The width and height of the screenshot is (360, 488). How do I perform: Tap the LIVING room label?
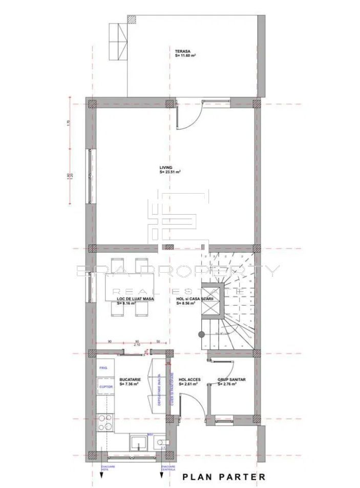[166, 167]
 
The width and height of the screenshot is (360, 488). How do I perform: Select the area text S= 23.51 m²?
[170, 172]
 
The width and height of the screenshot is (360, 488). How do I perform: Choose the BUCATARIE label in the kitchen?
[129, 379]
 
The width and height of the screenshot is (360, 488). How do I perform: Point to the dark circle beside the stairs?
[202, 334]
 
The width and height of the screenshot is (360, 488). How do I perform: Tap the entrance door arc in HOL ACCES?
[187, 405]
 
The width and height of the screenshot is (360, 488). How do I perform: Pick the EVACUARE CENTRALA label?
[168, 467]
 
